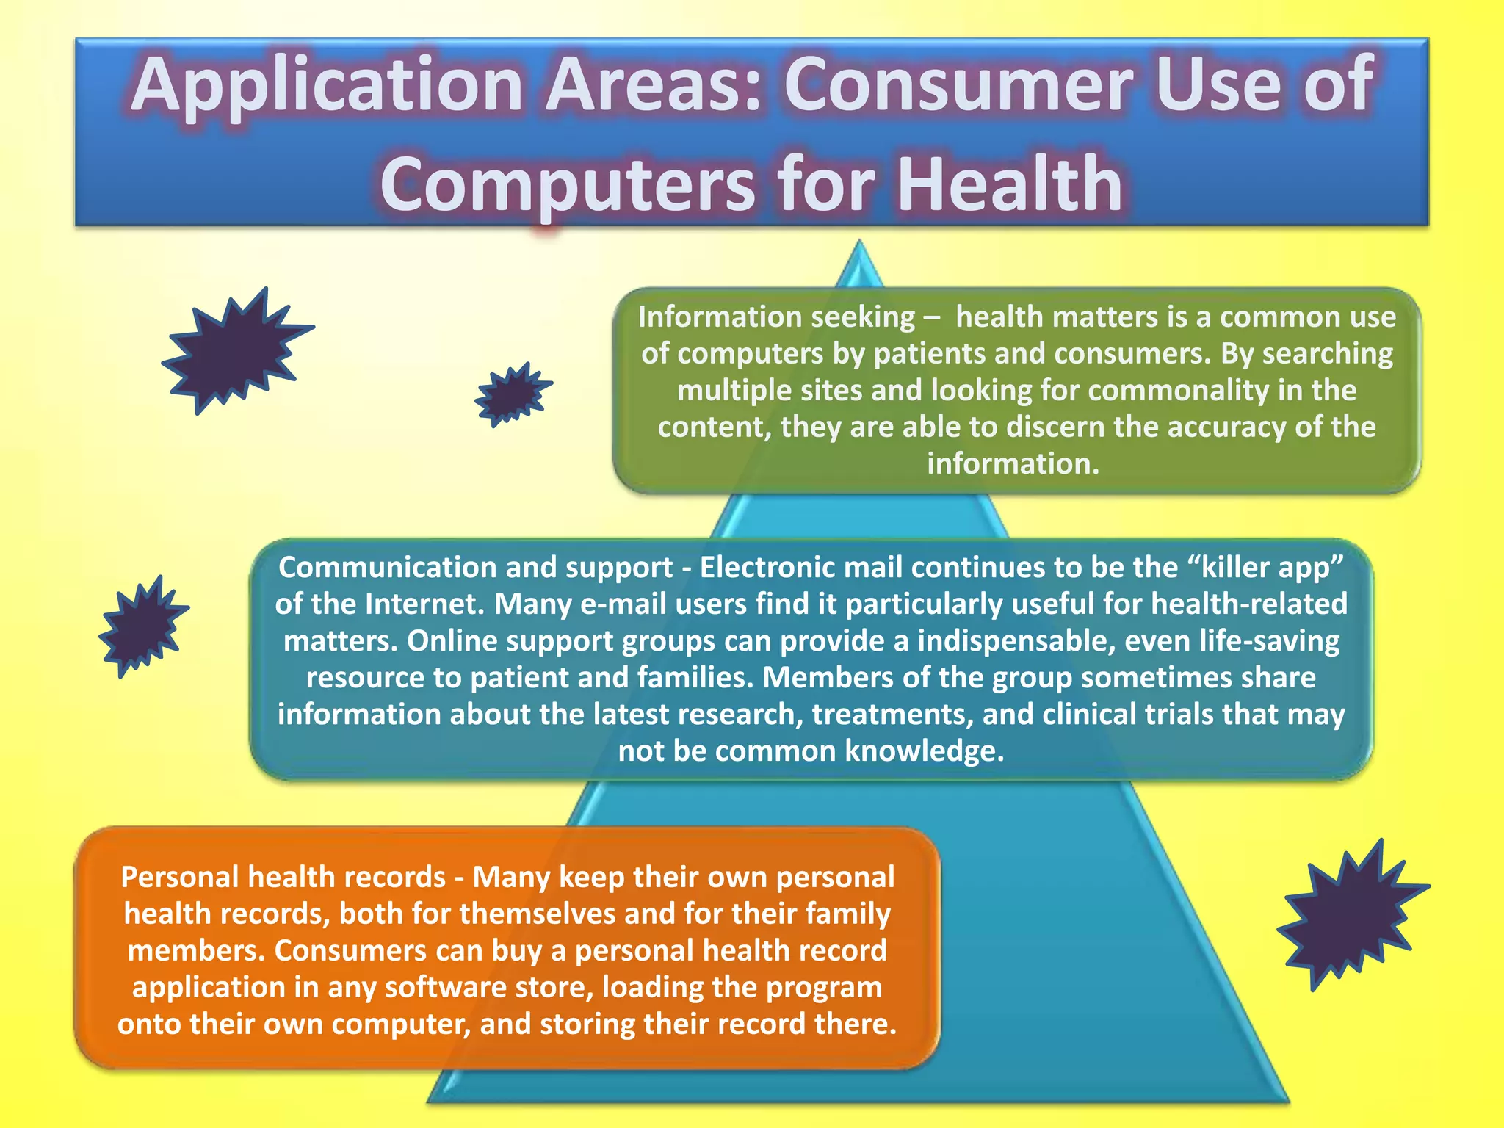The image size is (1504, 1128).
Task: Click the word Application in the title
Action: click(327, 87)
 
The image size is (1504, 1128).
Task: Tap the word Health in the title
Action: click(1010, 184)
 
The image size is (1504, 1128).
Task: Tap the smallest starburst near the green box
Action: click(512, 394)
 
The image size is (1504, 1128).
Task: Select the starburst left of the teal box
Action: click(142, 626)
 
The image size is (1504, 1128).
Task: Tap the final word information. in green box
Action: click(1013, 464)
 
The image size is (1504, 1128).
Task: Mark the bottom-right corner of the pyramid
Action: click(1287, 1099)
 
